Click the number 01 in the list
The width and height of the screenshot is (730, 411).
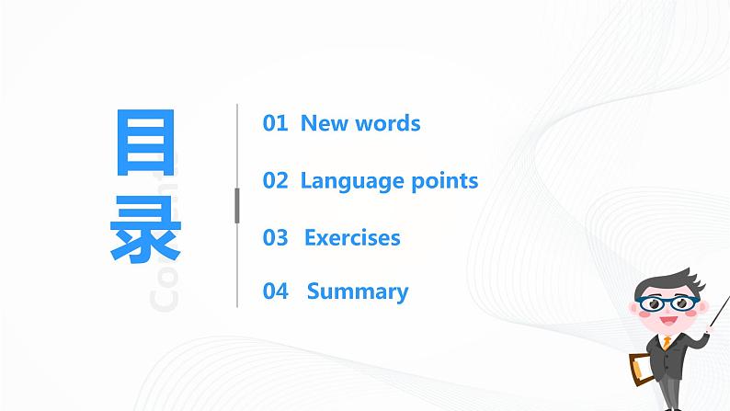coord(275,123)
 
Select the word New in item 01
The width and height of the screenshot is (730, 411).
coord(322,123)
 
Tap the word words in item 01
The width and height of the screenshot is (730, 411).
coord(385,123)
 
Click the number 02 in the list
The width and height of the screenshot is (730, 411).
coord(275,180)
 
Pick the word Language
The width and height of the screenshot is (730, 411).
coord(345,181)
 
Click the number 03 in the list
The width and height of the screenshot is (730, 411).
coord(275,237)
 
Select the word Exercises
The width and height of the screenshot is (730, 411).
coord(352,237)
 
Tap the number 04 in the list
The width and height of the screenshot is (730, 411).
coord(275,291)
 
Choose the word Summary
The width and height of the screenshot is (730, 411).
coord(358,292)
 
